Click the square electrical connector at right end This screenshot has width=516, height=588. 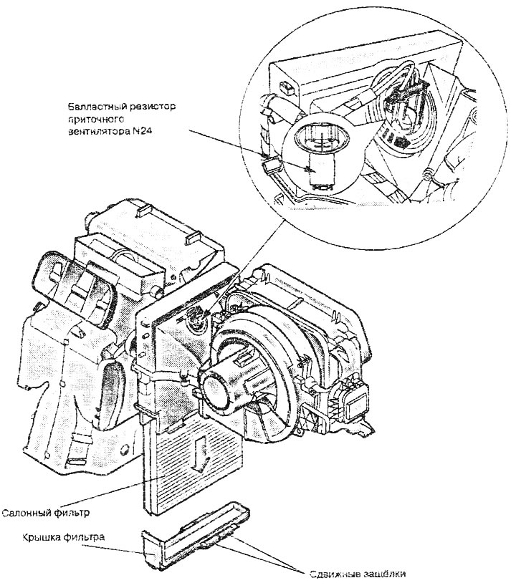coord(353,403)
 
